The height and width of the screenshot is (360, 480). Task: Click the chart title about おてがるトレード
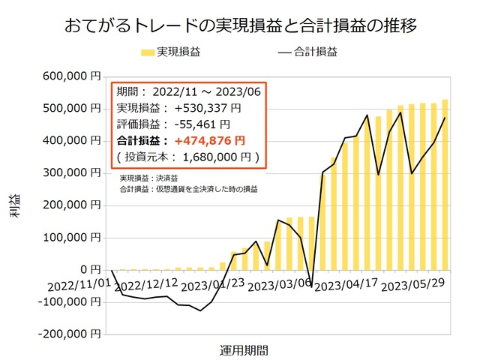click(x=240, y=25)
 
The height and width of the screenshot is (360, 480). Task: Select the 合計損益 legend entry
click(x=307, y=52)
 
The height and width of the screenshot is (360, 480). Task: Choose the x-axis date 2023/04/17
click(x=346, y=286)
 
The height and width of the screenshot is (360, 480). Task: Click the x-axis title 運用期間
click(x=244, y=349)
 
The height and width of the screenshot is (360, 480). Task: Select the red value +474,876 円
click(x=209, y=140)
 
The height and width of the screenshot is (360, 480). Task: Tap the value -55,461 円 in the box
click(x=199, y=124)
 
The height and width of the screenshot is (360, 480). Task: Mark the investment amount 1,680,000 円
click(x=217, y=157)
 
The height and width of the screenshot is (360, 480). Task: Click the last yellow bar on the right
click(x=445, y=184)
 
